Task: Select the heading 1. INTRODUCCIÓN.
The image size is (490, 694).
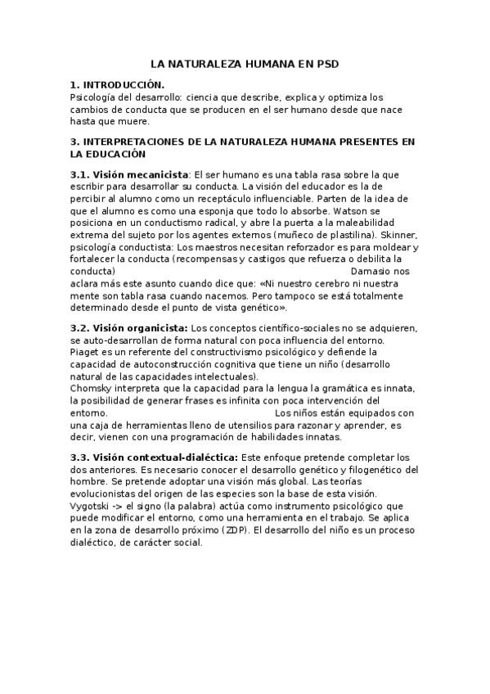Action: click(x=117, y=84)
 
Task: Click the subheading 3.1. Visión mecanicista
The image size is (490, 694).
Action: click(x=129, y=174)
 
